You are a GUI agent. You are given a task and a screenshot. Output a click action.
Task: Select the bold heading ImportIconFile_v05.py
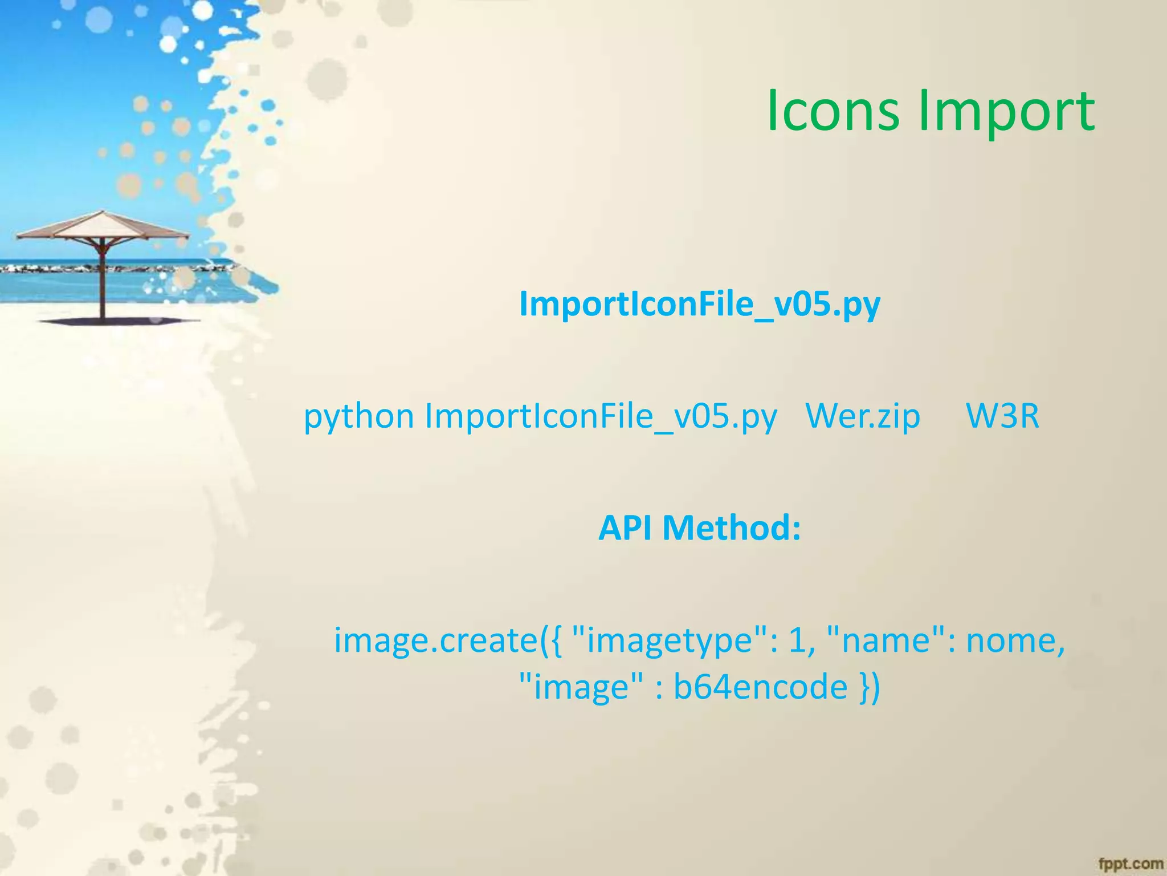pyautogui.click(x=700, y=305)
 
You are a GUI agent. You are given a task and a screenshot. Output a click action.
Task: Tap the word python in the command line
pyautogui.click(x=358, y=417)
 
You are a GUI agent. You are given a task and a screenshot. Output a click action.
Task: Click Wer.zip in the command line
pyautogui.click(x=863, y=416)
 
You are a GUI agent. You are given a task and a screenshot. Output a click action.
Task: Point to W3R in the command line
pyautogui.click(x=1002, y=416)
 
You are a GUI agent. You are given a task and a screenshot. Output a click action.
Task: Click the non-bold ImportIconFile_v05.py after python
pyautogui.click(x=601, y=416)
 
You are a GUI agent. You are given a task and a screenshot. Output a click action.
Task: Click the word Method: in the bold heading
pyautogui.click(x=732, y=528)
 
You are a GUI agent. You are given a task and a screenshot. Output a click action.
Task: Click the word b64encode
pyautogui.click(x=760, y=687)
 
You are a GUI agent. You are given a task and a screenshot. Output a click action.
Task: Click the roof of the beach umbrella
pyautogui.click(x=103, y=226)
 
